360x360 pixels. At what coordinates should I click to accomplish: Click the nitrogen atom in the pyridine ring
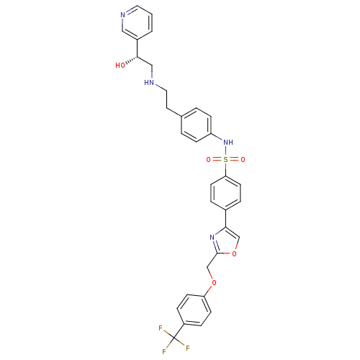point(123,15)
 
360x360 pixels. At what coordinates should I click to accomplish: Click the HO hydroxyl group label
point(120,66)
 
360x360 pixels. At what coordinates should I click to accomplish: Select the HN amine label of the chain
point(149,83)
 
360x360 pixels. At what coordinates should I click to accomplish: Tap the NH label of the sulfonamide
point(228,143)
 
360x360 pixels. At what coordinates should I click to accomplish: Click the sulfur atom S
point(225,160)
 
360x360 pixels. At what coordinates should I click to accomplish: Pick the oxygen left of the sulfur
point(208,160)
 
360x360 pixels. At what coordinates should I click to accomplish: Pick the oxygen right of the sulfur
point(243,160)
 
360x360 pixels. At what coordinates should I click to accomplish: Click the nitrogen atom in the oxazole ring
point(212,238)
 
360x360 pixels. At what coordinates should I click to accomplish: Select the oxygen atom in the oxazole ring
point(235,253)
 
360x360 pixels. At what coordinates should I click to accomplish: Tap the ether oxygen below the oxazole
point(214,282)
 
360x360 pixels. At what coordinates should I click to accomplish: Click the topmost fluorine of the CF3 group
point(161,328)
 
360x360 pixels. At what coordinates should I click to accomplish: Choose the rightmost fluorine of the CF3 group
point(188,348)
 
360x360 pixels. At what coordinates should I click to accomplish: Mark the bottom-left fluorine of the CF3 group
point(164,352)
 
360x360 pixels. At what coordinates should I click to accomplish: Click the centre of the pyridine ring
point(137,23)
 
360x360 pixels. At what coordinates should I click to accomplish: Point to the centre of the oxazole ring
point(225,243)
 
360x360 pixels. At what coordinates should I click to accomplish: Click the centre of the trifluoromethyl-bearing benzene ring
point(194,310)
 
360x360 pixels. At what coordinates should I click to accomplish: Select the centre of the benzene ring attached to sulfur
point(225,193)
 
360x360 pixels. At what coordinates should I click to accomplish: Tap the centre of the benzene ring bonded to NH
point(197,125)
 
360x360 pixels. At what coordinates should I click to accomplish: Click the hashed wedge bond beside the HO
point(132,60)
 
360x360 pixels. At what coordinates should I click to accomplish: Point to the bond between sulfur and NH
point(225,151)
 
